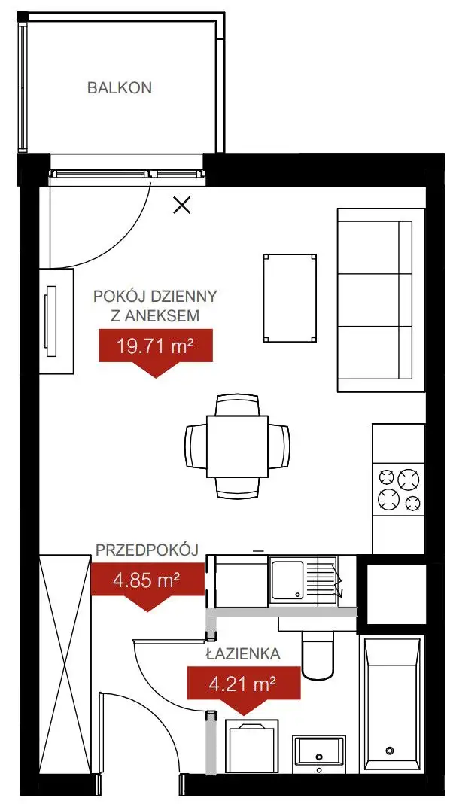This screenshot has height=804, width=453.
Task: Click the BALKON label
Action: [120, 87]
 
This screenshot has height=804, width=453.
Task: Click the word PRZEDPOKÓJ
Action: [147, 550]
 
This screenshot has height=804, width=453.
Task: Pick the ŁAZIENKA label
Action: [243, 654]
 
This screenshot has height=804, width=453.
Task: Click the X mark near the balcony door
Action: [182, 206]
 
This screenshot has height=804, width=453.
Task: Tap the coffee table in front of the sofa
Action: [290, 297]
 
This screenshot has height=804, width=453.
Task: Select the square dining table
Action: [237, 446]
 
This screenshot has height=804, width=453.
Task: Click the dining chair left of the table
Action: [196, 446]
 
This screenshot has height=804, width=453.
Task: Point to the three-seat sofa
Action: [381, 300]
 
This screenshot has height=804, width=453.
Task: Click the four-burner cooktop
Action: [399, 489]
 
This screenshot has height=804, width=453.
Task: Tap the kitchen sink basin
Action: [287, 580]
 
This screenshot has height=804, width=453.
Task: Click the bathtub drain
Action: [390, 750]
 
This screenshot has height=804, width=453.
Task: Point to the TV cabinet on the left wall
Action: [56, 321]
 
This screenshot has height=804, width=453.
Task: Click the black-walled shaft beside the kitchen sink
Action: [392, 594]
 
